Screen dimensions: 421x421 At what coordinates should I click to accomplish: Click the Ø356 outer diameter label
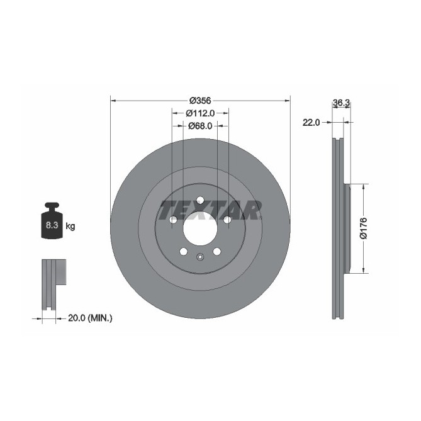click(x=200, y=101)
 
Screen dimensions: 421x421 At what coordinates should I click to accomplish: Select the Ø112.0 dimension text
click(x=201, y=113)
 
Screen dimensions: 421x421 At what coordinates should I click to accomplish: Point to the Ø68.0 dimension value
click(x=201, y=126)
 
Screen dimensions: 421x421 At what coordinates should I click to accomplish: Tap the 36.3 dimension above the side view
click(x=341, y=102)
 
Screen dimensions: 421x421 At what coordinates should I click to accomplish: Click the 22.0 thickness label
click(x=312, y=122)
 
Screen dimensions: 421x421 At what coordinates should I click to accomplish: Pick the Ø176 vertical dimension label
click(x=363, y=228)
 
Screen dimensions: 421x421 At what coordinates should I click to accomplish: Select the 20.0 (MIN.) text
click(x=91, y=318)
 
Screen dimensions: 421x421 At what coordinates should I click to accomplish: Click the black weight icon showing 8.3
click(x=52, y=222)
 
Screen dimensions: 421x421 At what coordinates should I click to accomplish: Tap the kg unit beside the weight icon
click(x=70, y=226)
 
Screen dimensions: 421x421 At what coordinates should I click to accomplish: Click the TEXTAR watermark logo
click(x=210, y=210)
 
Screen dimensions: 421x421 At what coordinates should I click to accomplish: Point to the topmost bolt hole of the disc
click(x=200, y=200)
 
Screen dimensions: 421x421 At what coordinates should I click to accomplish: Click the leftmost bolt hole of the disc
click(x=172, y=220)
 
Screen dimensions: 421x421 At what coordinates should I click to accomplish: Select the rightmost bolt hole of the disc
click(x=227, y=220)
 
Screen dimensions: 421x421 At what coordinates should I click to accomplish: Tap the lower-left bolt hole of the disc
click(x=183, y=252)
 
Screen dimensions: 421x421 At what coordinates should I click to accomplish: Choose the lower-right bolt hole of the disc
click(x=217, y=252)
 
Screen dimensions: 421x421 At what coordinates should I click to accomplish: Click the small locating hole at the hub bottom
click(x=200, y=256)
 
